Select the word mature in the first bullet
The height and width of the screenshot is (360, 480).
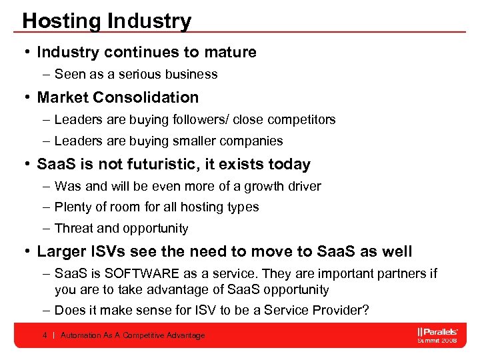click(x=231, y=52)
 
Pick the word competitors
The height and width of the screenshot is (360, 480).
click(x=303, y=120)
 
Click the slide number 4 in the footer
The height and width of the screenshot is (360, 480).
click(x=45, y=335)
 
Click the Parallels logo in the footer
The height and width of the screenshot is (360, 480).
click(x=437, y=331)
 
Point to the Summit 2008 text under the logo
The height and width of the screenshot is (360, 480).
click(x=437, y=340)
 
